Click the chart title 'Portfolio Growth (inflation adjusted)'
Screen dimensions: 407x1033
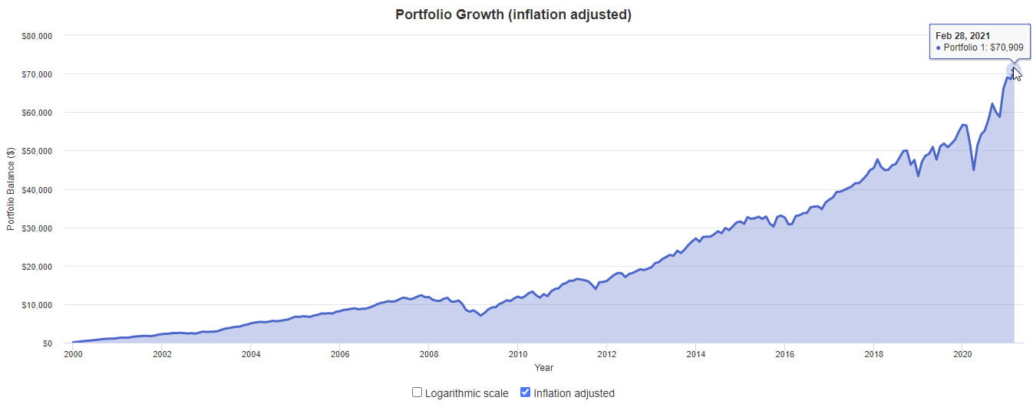coord(513,15)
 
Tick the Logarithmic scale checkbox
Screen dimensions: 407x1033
coord(417,392)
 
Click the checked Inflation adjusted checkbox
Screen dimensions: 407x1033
coord(526,392)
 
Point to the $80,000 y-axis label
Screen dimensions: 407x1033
coord(36,35)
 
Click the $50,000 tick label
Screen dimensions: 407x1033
coord(36,151)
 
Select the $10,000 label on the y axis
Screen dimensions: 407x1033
coord(36,305)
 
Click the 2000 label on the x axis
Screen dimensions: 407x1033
coord(73,355)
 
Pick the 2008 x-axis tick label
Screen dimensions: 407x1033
coord(428,355)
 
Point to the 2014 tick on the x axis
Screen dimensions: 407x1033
coord(695,355)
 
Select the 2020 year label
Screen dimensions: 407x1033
coord(962,355)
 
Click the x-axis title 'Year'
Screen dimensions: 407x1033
coord(543,368)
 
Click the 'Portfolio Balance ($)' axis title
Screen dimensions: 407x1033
coord(10,189)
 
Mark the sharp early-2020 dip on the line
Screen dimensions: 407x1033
coord(974,169)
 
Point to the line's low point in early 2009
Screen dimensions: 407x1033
coord(481,315)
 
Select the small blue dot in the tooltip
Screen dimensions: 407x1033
coord(938,48)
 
